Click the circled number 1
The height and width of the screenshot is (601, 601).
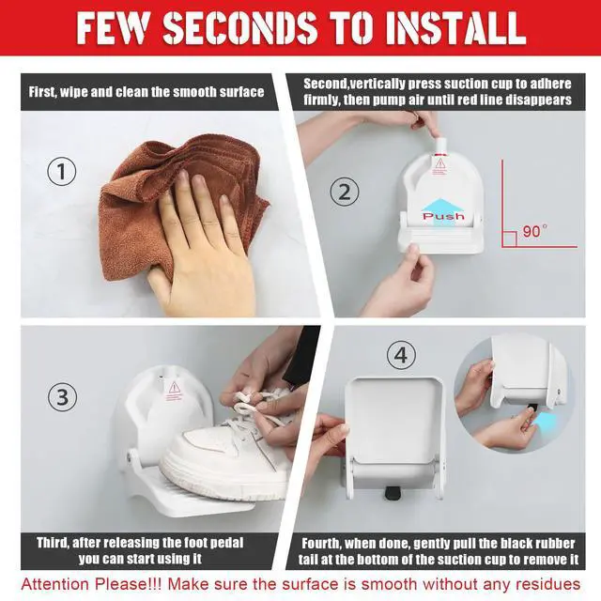point(62,171)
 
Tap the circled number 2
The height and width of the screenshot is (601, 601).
point(345,192)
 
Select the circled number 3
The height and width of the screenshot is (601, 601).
point(63,396)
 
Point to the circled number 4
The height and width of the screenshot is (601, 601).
point(401,355)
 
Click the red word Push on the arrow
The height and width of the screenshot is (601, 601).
point(443,216)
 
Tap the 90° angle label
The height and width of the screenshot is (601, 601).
point(534,231)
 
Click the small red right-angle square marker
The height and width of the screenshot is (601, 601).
point(509,239)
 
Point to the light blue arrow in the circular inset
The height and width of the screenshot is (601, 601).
point(544,423)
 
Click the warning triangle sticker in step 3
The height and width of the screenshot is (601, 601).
point(174,388)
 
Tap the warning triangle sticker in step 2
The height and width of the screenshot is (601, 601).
point(440,163)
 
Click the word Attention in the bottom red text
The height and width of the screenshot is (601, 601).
point(55,584)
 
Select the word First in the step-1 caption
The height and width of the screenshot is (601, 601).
point(42,92)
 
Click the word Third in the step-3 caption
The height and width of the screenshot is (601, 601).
point(53,543)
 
